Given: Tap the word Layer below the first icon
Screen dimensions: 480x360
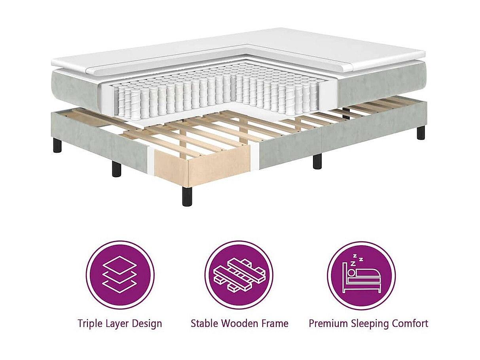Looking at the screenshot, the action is (115, 324).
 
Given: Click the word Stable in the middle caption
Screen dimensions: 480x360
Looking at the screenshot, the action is (205, 323).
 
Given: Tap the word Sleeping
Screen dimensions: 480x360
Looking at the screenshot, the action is (370, 324).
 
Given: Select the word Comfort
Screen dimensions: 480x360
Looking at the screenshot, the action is (410, 323).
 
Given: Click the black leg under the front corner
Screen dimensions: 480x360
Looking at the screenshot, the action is (187, 196).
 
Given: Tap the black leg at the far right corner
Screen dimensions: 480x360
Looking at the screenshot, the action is (421, 133).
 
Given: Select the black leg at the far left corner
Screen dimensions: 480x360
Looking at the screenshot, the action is (57, 145).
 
